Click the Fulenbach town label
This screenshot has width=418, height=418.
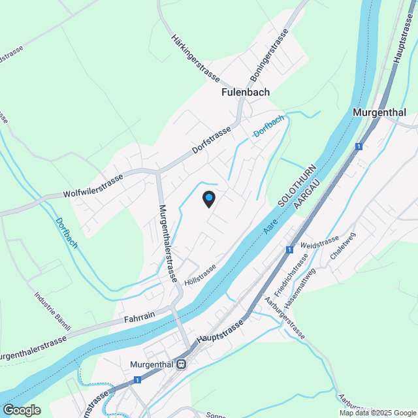[245, 93]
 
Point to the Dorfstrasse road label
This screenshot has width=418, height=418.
[212, 140]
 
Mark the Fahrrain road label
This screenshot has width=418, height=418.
[139, 317]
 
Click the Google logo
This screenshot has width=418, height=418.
[22, 410]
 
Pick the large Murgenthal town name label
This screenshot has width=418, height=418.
[379, 112]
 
